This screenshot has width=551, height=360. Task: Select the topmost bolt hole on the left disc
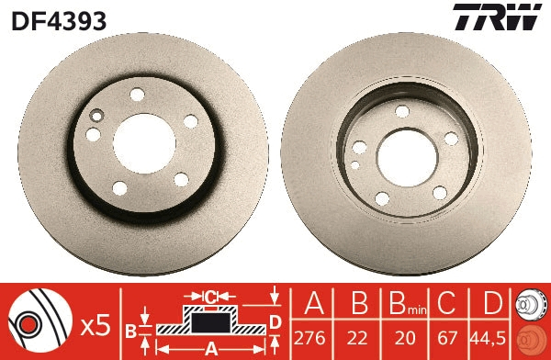[x=138, y=94]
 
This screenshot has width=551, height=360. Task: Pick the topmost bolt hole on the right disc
[x=401, y=111]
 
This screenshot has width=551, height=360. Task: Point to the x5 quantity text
[x=95, y=324]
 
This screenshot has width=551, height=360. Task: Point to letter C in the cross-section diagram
[x=210, y=296]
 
